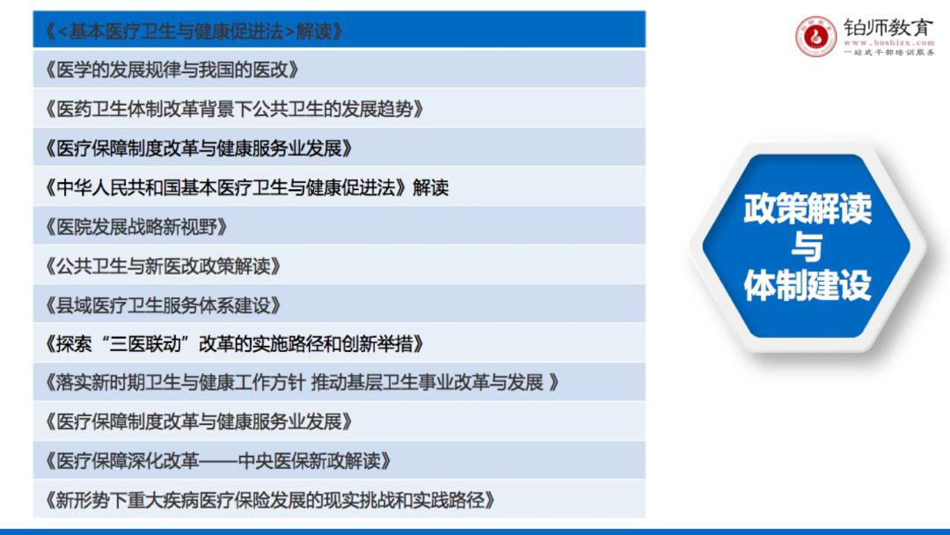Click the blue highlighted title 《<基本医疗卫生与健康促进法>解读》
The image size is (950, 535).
tap(194, 31)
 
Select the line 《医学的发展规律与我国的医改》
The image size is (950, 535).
tap(172, 70)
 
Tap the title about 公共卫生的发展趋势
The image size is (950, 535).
tap(234, 109)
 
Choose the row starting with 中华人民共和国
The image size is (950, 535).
tap(246, 187)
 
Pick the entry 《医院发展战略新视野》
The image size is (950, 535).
tap(136, 227)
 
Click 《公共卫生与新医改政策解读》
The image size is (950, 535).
tap(163, 266)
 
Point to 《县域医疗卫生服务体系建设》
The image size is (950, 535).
tap(163, 305)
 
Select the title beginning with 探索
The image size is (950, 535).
tap(234, 344)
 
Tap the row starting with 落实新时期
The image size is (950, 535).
tap(301, 382)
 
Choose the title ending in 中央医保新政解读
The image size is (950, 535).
tap(218, 461)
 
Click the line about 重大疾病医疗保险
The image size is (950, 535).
tap(270, 501)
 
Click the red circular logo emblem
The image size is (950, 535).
tap(815, 37)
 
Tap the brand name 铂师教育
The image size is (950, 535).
tap(888, 28)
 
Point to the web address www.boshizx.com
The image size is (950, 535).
tap(888, 43)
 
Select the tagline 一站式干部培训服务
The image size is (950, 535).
tap(888, 53)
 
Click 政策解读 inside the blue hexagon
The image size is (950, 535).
tap(807, 209)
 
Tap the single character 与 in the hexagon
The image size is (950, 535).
tap(807, 246)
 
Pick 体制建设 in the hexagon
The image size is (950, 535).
tap(807, 285)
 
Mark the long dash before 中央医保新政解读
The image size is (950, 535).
tap(219, 462)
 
